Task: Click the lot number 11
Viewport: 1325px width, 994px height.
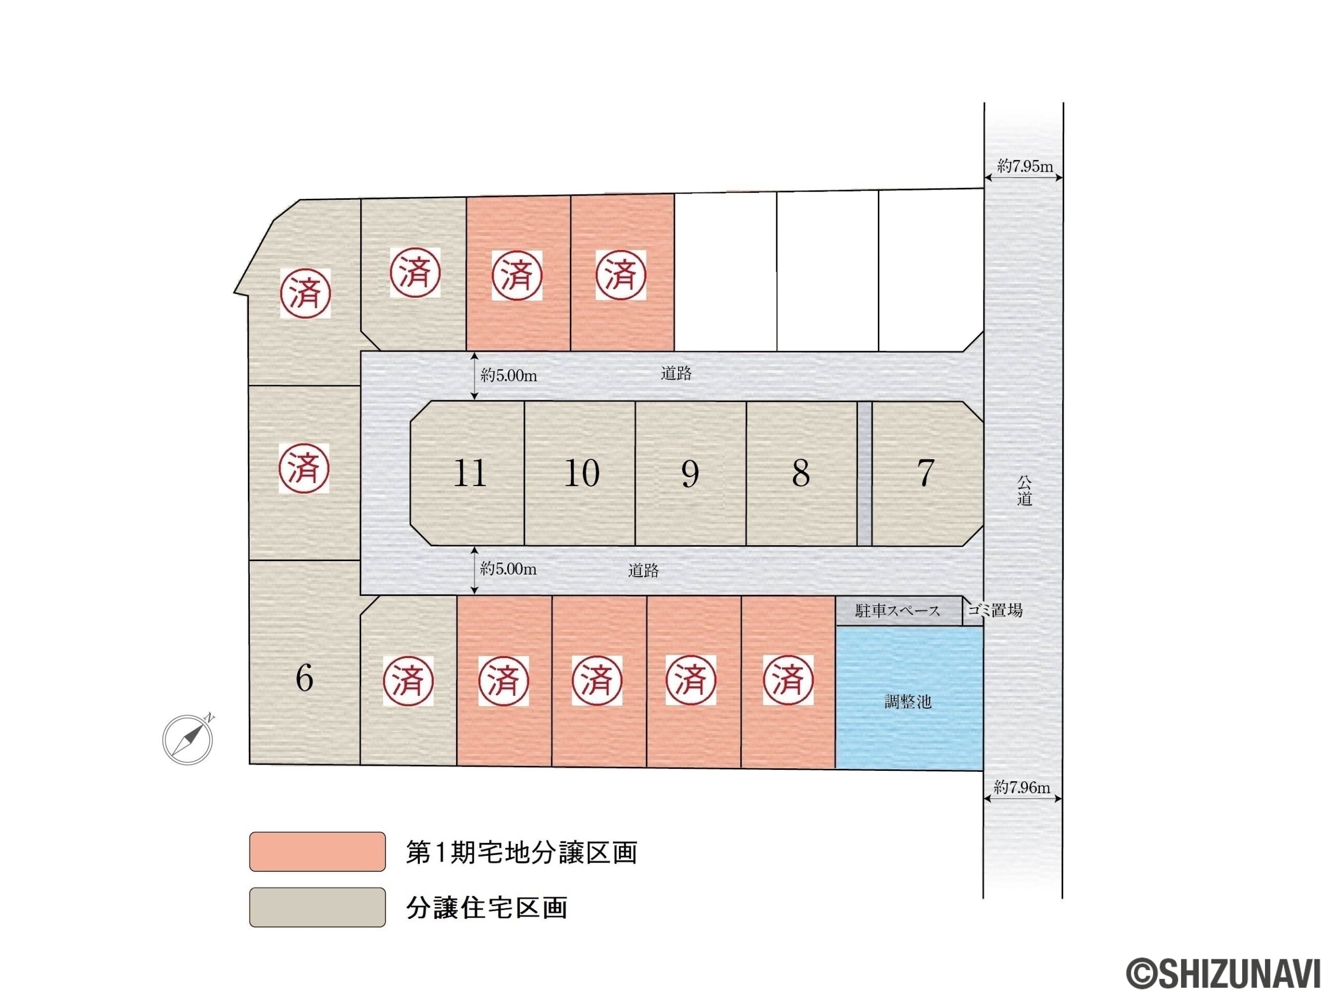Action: [469, 473]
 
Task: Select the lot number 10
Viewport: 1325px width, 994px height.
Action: [582, 473]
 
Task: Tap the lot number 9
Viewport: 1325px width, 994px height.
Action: [690, 474]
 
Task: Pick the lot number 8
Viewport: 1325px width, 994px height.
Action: [801, 473]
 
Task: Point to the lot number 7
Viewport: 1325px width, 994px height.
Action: [926, 473]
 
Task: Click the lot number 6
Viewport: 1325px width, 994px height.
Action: [304, 679]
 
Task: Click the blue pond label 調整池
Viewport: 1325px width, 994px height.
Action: [908, 701]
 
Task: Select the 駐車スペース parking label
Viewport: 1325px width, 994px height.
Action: [897, 611]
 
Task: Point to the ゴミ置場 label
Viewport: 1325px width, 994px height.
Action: [995, 610]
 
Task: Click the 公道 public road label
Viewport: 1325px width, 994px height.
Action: [1024, 491]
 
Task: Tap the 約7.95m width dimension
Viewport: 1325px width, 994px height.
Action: [1025, 166]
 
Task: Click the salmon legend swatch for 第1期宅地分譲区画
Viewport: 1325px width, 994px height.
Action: [317, 852]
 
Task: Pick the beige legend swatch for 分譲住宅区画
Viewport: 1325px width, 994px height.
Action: [317, 907]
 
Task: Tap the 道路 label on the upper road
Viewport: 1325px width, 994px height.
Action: [676, 373]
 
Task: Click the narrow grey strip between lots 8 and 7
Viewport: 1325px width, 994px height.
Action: [864, 473]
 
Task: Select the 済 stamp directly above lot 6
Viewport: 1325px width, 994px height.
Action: [304, 469]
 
